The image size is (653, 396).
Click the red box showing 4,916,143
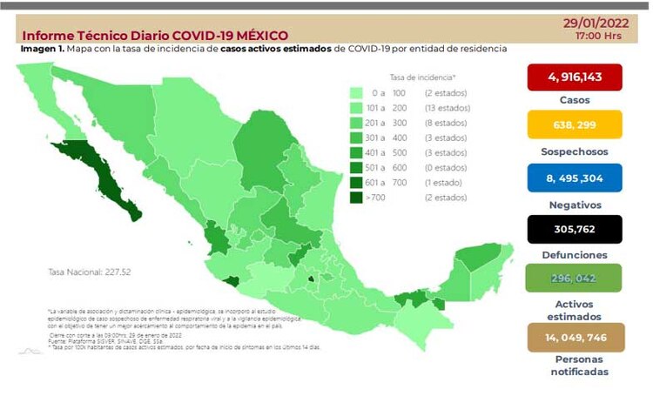click(x=574, y=78)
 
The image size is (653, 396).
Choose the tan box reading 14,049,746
click(x=574, y=338)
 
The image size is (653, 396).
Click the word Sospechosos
click(x=574, y=151)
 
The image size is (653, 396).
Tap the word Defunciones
click(x=574, y=255)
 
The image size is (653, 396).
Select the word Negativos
click(x=574, y=203)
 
